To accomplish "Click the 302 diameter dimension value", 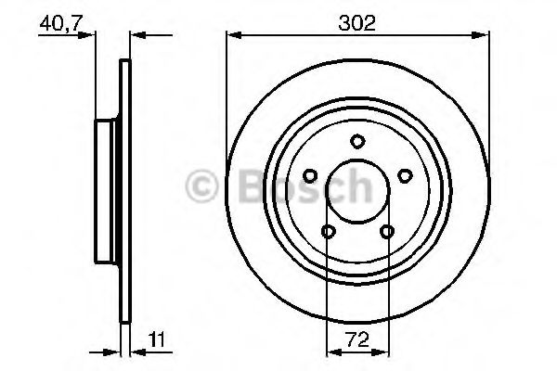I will (356, 23).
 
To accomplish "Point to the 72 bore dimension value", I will (356, 339).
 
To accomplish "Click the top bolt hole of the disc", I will (356, 141).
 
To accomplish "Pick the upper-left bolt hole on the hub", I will (309, 175).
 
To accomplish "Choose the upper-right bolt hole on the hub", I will (404, 175).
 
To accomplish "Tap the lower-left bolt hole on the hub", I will (328, 232).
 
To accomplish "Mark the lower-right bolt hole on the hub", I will (385, 232).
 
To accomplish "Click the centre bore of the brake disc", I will (356, 192).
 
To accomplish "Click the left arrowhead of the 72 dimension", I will (331, 352).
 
